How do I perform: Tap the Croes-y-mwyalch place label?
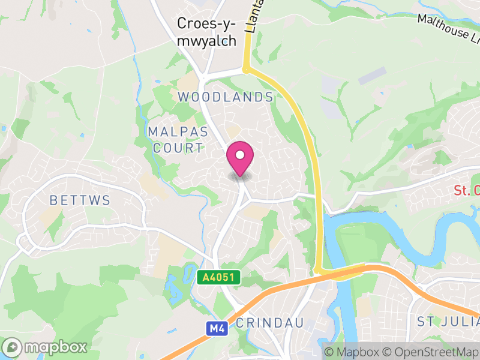coord(206,32)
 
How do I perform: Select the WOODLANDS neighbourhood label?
coord(225,97)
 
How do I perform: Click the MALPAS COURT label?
coord(178,139)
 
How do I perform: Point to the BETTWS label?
coord(80,200)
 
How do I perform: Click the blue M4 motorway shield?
coord(216,328)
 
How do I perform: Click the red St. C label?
coord(467,191)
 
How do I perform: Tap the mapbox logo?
coord(46,347)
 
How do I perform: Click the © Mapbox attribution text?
coord(350,352)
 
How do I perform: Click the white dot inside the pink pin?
coord(240,155)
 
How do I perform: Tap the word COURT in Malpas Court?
coord(178,148)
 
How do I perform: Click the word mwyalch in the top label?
coord(206,41)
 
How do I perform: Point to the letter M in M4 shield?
coord(213,328)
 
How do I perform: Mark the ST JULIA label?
coord(447,323)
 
